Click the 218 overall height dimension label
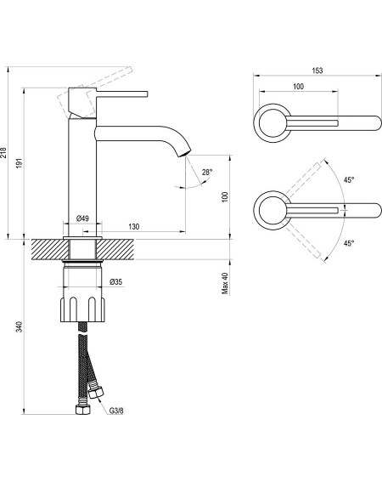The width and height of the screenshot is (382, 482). [x=3, y=152]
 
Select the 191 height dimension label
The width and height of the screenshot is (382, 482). [x=20, y=163]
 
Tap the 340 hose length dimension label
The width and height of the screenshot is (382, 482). [x=20, y=326]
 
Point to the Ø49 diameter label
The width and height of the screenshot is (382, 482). [x=82, y=218]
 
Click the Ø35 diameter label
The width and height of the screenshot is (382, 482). [x=115, y=281]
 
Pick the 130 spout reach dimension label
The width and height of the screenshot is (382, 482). [x=134, y=227]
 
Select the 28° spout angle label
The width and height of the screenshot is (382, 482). [x=207, y=173]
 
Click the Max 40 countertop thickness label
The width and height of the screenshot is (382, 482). [x=225, y=283]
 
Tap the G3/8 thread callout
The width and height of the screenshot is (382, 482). [x=116, y=411]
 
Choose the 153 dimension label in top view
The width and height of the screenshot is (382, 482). [x=317, y=71]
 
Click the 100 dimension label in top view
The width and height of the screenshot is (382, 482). [x=298, y=87]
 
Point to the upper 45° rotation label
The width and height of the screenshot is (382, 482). [x=349, y=180]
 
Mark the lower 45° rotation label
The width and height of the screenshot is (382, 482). [x=349, y=243]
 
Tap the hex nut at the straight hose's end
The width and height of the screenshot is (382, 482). [x=83, y=410]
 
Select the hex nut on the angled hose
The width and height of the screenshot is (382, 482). [x=96, y=393]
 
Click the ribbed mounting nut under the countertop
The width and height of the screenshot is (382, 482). [x=82, y=309]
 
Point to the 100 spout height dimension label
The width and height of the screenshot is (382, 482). [x=225, y=196]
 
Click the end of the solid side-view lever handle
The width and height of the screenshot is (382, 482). [x=147, y=94]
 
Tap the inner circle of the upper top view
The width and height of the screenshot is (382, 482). [x=260, y=123]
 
